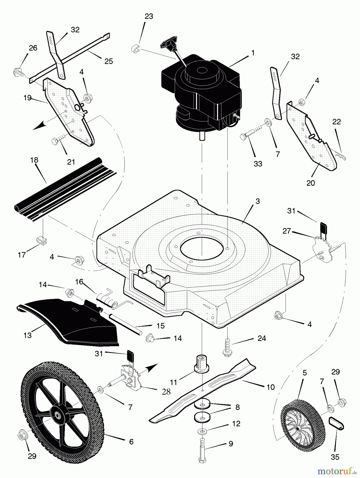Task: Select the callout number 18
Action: (34, 160)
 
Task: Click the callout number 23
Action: (149, 16)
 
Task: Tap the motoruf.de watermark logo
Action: (336, 471)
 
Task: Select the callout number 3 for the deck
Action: (258, 201)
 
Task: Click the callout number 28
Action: (166, 392)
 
